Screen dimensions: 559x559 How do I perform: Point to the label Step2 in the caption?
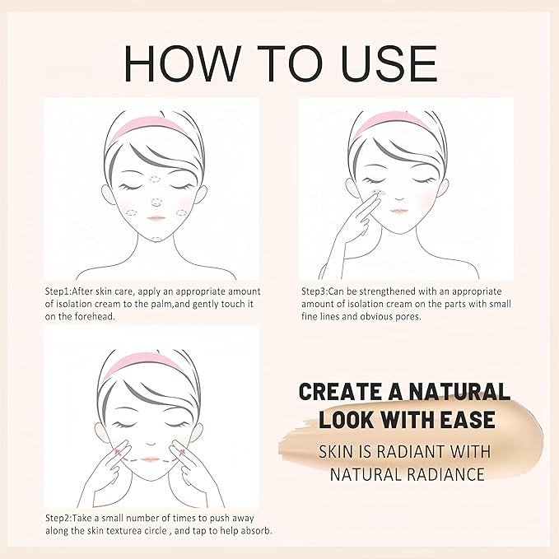(x=59, y=518)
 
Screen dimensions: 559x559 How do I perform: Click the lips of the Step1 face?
(x=157, y=217)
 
